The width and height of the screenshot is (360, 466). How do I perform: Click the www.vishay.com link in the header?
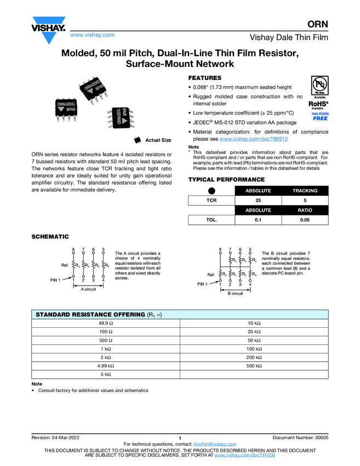(x=92, y=35)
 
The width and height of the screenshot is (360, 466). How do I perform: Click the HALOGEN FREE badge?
(x=321, y=116)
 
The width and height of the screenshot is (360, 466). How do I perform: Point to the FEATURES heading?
(x=205, y=78)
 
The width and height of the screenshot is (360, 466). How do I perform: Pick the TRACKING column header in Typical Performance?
(x=305, y=191)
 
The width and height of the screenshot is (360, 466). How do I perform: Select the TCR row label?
(x=211, y=201)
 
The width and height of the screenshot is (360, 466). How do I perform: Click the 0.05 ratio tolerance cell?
(x=305, y=220)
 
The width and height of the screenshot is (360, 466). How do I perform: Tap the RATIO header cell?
(x=305, y=211)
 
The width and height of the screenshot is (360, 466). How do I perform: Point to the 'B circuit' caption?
(x=235, y=293)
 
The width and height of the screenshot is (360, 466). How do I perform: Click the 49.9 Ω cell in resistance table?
(x=106, y=323)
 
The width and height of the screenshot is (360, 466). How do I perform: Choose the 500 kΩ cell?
(x=254, y=365)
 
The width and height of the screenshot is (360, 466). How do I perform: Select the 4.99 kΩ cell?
(x=106, y=365)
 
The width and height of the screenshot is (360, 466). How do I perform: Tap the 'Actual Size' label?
(x=158, y=140)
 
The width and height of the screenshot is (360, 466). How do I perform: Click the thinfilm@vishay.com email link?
(x=215, y=444)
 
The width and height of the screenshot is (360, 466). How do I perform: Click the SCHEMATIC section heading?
(x=50, y=237)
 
